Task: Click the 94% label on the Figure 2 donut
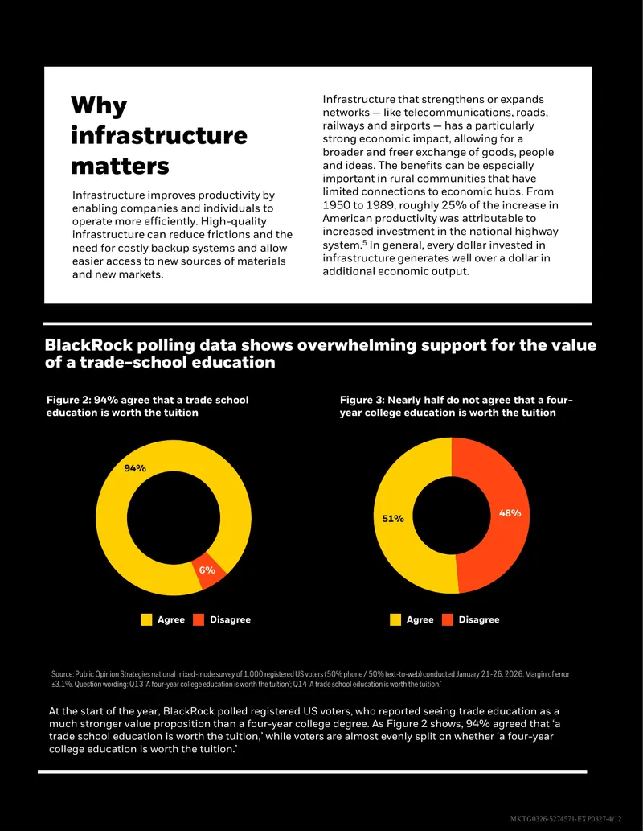(135, 468)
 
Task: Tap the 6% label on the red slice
(207, 570)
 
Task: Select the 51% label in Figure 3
(393, 518)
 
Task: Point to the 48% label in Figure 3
(510, 513)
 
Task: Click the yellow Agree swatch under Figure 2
(147, 619)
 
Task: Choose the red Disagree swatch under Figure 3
(448, 619)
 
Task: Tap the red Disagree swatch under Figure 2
(199, 619)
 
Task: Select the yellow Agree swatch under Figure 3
(395, 619)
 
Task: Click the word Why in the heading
(99, 105)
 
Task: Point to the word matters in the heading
(121, 166)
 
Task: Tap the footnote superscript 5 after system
(364, 243)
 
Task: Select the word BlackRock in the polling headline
(88, 345)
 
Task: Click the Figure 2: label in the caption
(68, 400)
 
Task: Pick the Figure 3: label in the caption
(362, 400)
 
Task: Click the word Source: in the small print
(63, 674)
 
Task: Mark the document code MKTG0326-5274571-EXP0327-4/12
(566, 819)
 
